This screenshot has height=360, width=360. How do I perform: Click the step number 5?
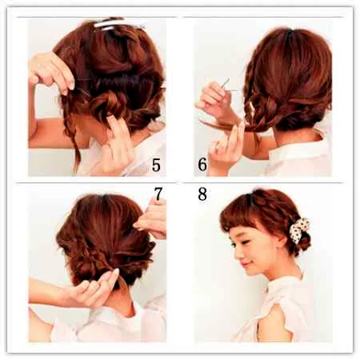pyautogui.click(x=156, y=165)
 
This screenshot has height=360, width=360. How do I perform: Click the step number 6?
pyautogui.click(x=202, y=165)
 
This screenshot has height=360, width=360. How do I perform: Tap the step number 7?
pyautogui.click(x=158, y=194)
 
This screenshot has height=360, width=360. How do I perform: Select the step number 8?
pyautogui.click(x=202, y=194)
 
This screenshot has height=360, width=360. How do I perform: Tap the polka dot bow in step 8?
pyautogui.click(x=299, y=230)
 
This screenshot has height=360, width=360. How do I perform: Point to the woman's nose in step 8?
pyautogui.click(x=238, y=255)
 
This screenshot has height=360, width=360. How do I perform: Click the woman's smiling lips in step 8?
pyautogui.click(x=246, y=265)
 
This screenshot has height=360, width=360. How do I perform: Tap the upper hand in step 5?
pyautogui.click(x=50, y=72)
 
